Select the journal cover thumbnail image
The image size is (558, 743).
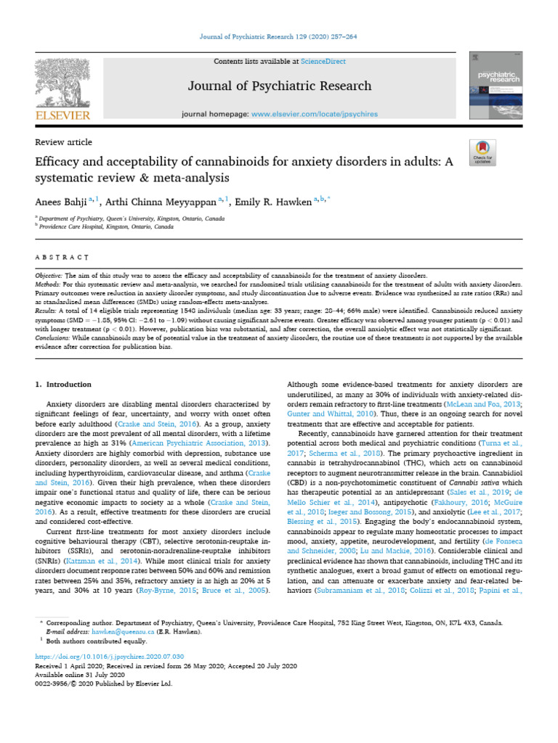[495, 86]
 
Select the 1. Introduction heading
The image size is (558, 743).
[63, 385]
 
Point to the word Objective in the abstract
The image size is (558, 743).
[49, 277]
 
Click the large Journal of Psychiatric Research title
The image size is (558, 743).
[280, 86]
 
